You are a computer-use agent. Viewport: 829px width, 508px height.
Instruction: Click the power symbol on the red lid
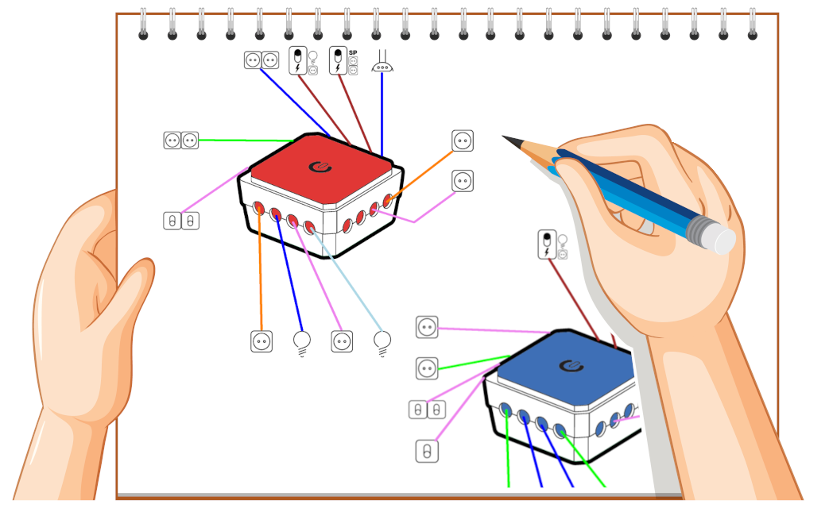point(320,167)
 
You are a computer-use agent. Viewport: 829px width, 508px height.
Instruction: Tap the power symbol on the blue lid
point(571,365)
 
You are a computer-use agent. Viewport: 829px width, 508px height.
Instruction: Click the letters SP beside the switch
point(353,53)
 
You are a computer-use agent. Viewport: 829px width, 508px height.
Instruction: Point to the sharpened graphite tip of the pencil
point(506,138)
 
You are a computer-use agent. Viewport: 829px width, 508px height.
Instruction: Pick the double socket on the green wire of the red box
point(180,140)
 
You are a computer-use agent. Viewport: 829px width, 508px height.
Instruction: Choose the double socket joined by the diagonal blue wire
point(261,60)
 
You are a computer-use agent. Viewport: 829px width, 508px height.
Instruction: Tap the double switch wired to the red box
point(180,221)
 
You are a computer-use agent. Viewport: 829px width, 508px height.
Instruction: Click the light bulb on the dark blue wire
point(302,342)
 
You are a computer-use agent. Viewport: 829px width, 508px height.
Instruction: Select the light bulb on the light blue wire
point(382,342)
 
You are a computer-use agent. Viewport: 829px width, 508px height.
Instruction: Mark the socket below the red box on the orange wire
point(261,341)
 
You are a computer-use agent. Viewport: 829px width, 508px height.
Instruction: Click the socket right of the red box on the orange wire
point(463,141)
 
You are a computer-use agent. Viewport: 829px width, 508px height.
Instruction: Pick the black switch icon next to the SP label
point(338,60)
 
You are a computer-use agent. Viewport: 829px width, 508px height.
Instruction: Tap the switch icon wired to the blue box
point(547,244)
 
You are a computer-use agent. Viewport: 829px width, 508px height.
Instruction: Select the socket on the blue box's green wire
point(427,368)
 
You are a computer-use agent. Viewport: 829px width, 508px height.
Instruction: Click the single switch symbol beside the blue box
point(427,452)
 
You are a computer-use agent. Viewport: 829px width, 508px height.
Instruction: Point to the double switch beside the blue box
point(427,410)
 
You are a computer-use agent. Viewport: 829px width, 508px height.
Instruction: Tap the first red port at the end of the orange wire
point(258,207)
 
